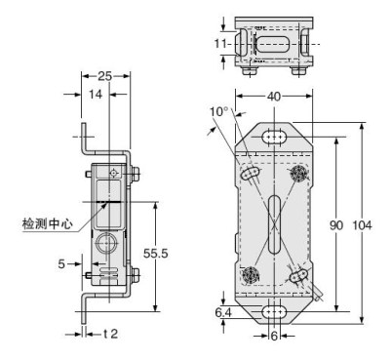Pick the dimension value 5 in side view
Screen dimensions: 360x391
pyautogui.click(x=61, y=262)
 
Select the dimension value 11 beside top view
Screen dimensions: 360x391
pyautogui.click(x=222, y=44)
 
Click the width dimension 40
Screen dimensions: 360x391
pyautogui.click(x=276, y=97)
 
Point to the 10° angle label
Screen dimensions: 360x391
pyautogui.click(x=219, y=112)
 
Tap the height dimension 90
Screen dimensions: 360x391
pyautogui.click(x=335, y=225)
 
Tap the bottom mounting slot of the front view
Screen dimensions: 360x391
pyautogui.click(x=275, y=312)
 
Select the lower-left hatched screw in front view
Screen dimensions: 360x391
pyautogui.click(x=252, y=274)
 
